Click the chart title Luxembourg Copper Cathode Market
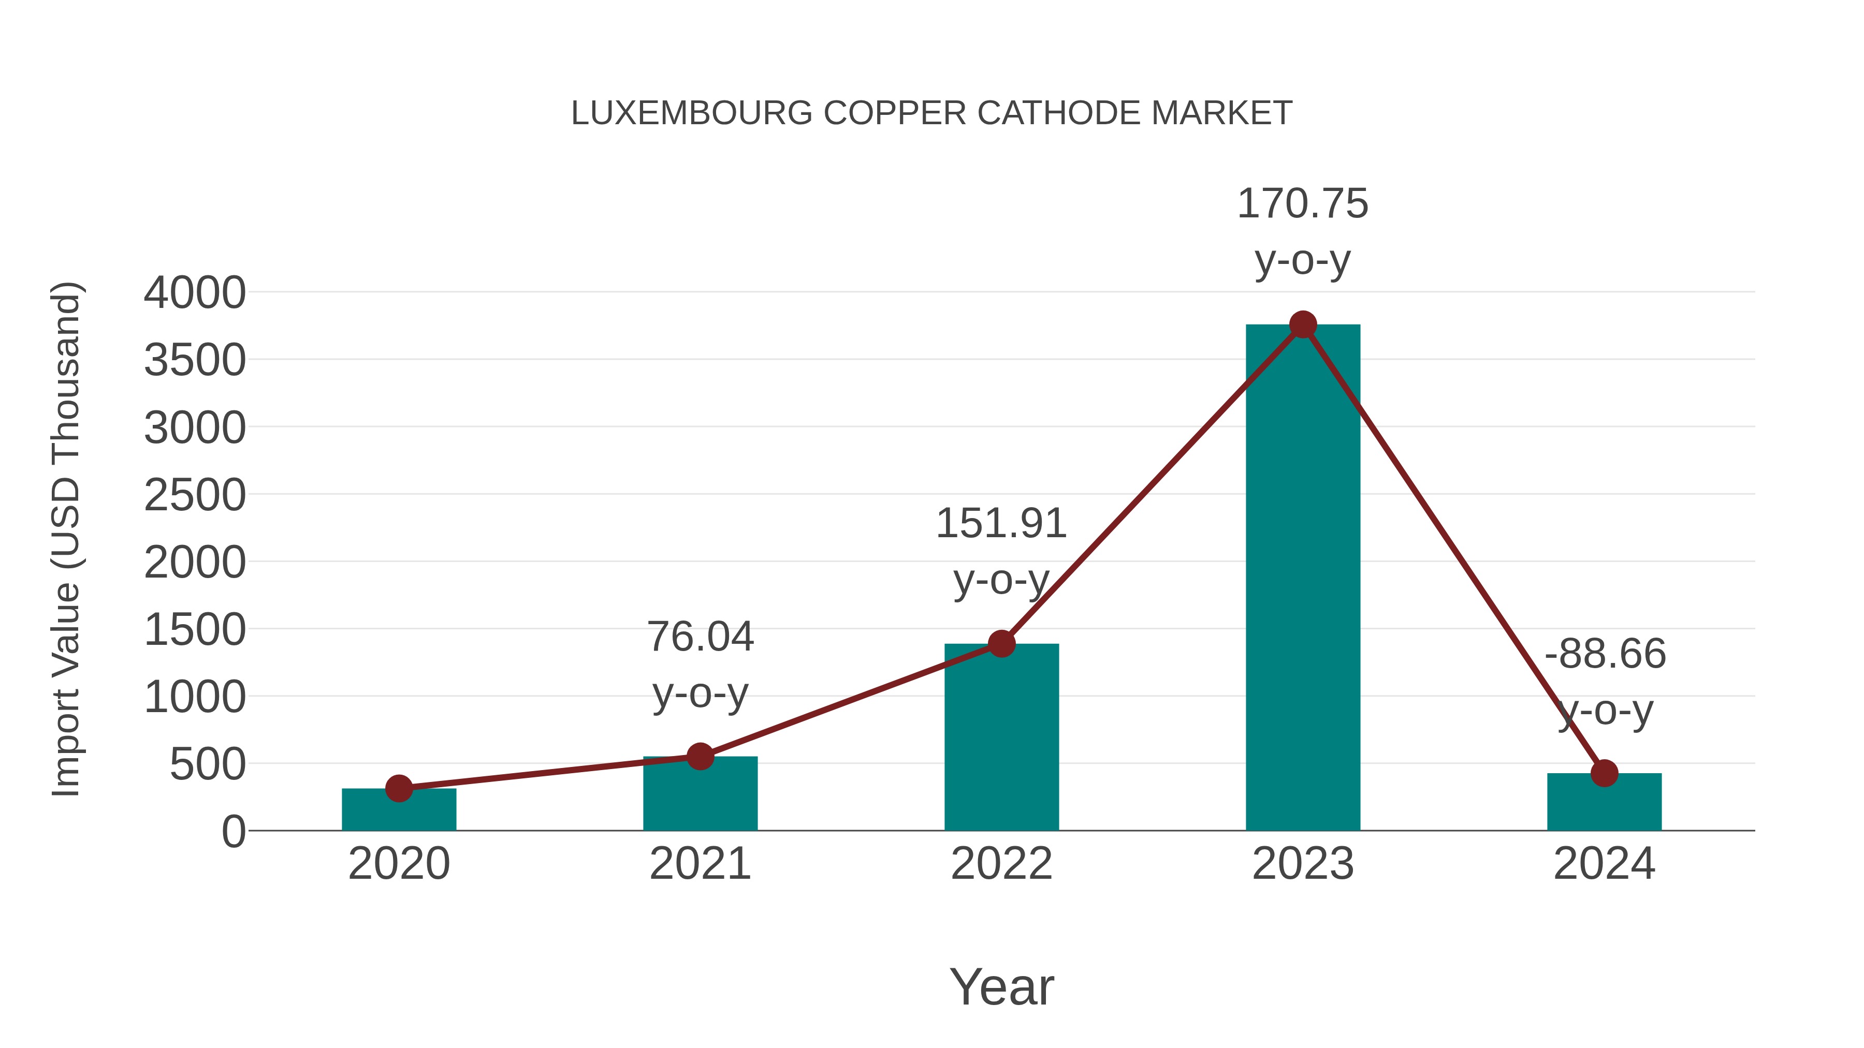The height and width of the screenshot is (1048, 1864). [x=931, y=113]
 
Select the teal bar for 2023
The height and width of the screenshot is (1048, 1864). [x=1303, y=579]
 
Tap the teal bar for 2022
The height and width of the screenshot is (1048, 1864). [x=1001, y=737]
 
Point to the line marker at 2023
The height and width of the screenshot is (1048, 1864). [x=1303, y=324]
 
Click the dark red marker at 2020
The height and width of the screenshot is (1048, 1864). [x=399, y=788]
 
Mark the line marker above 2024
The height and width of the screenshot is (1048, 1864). [x=1604, y=773]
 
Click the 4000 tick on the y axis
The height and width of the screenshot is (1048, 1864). [x=195, y=293]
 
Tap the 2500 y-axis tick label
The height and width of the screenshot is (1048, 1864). [x=195, y=496]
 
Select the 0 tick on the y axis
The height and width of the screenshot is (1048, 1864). [x=234, y=832]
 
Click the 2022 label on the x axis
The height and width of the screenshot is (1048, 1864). [x=1001, y=864]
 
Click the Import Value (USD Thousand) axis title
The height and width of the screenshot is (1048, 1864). [x=67, y=539]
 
